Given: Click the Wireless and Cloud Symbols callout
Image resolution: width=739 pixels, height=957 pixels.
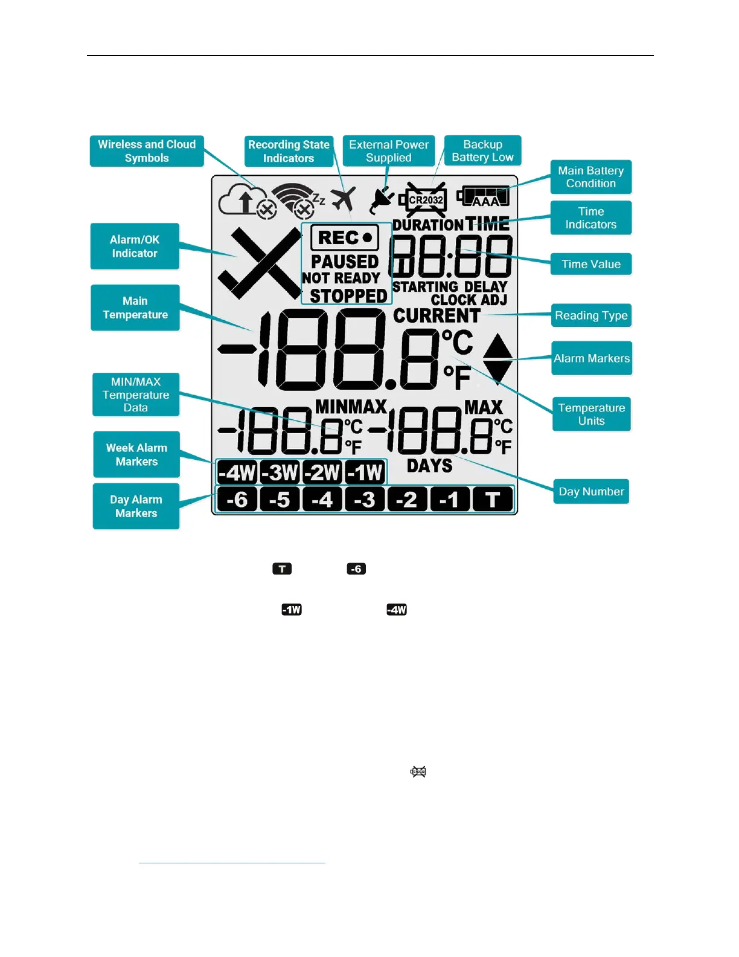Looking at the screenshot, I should tap(147, 151).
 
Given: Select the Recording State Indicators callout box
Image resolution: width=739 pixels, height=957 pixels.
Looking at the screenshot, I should tap(289, 151).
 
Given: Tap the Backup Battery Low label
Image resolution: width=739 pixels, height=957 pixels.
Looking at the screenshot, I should tap(482, 150).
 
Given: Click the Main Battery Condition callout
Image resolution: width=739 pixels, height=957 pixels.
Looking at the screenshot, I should tap(590, 177).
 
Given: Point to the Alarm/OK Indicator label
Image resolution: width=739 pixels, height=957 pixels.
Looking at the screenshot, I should tap(135, 246).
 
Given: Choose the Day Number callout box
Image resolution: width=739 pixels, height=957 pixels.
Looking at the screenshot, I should tap(591, 492).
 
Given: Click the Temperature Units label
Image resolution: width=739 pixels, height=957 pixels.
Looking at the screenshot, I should tap(591, 414).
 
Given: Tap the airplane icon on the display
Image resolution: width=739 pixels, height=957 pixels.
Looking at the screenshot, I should tap(343, 199).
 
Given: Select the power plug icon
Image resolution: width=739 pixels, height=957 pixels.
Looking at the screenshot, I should tap(382, 200).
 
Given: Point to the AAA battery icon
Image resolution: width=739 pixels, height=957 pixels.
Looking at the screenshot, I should tap(483, 197).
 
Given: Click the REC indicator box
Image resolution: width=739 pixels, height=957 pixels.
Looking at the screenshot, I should tap(345, 237).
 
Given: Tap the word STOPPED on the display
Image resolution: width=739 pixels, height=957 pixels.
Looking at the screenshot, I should tap(348, 296).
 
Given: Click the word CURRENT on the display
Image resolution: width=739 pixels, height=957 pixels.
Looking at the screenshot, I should tap(437, 316).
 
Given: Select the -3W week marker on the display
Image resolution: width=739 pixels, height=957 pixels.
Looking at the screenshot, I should tap(280, 472).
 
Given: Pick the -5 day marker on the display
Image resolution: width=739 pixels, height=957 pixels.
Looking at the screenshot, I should tap(280, 500).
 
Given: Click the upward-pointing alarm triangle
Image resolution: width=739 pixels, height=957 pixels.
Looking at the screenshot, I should tap(497, 347).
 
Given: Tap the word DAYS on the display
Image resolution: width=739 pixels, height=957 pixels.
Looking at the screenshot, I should tap(429, 466).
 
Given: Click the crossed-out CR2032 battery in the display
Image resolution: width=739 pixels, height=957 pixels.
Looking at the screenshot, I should tap(426, 199).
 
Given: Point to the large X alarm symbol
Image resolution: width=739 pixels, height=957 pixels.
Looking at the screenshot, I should tap(260, 263).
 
